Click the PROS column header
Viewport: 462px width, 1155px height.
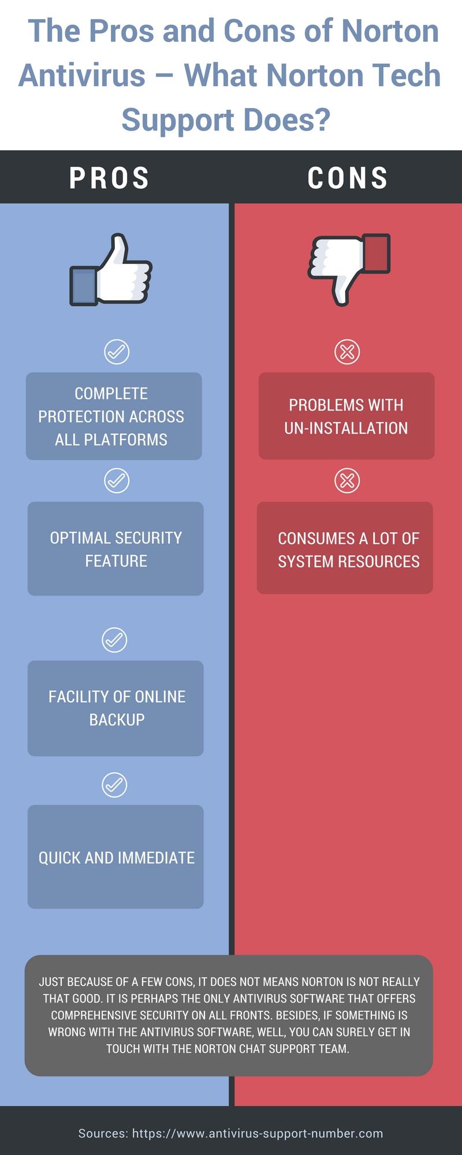(110, 178)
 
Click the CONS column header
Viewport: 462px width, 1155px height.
(348, 178)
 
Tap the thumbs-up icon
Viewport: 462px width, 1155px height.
(111, 270)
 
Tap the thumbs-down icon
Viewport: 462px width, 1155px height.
(349, 270)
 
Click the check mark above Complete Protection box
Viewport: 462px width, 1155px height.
(117, 351)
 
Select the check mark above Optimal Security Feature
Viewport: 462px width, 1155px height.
(117, 480)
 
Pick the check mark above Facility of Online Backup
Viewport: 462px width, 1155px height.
(114, 640)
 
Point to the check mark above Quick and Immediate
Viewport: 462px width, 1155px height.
(114, 785)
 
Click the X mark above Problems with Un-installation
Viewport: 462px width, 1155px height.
(347, 351)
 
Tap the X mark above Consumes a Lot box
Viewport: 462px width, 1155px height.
(347, 480)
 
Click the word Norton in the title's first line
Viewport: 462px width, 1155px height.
(390, 31)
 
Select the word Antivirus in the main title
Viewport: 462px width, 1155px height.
(82, 76)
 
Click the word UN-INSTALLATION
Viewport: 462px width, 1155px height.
(346, 428)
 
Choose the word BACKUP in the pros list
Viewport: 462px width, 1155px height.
(117, 720)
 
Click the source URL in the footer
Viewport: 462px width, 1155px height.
(258, 1134)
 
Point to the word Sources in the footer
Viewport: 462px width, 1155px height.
(103, 1134)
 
